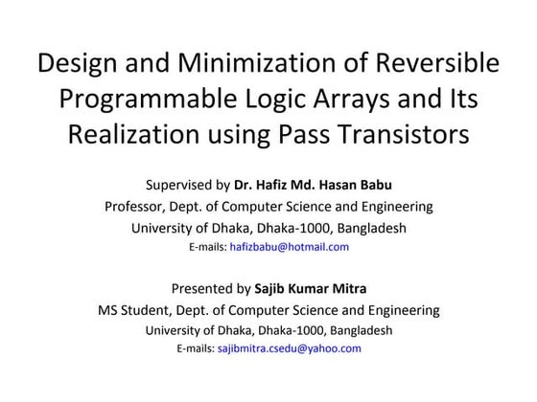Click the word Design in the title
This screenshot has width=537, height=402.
74,64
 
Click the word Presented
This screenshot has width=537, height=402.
201,288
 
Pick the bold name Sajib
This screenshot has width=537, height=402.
273,288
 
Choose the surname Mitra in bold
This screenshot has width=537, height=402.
348,288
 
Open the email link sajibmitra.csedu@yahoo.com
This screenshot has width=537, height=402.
290,348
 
